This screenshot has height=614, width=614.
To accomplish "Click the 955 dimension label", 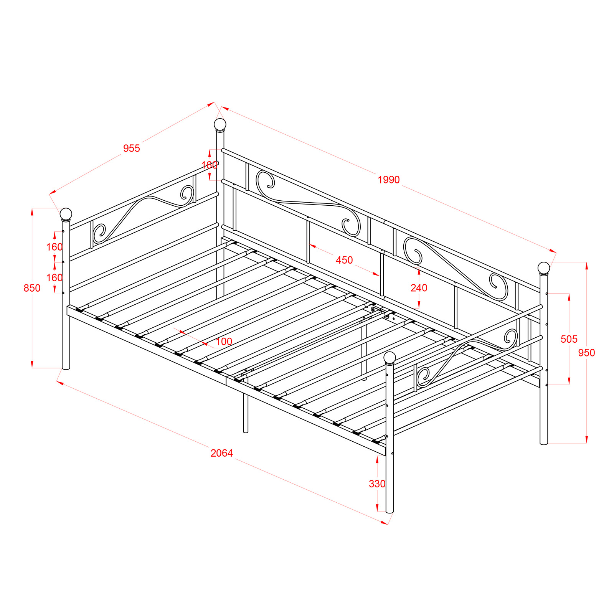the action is pos(132,149).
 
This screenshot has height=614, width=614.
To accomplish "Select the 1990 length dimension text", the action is pos(389,180).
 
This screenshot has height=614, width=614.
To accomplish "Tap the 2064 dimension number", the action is pos(222,453).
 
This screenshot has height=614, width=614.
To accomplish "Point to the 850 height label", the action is pos(32,288).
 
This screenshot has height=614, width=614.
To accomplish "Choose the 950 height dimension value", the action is pos(587,353).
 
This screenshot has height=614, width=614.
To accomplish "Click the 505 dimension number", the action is pos(569,339).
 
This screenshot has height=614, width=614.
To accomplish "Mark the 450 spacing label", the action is pos(344,260).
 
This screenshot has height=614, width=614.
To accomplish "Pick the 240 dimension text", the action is pos(419,288).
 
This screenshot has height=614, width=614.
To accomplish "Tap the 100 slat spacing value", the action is pos(224,342).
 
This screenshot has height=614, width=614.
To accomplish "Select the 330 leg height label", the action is pos(377,484).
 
